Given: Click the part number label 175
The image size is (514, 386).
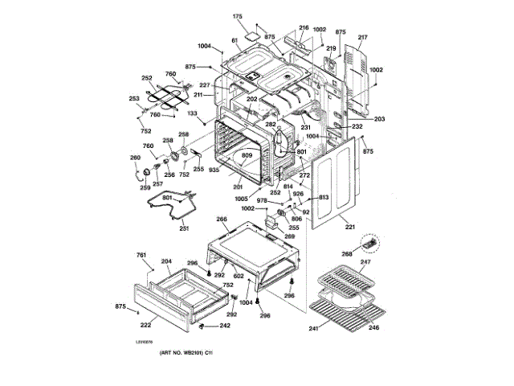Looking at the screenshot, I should tap(237, 16).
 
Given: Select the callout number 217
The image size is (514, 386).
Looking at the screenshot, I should tap(362, 38).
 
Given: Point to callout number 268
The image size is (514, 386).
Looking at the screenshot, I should tap(347, 254).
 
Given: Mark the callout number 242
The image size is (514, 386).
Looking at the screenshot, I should tap(225, 326).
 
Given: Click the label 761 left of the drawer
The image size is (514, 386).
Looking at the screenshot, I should tap(141, 255).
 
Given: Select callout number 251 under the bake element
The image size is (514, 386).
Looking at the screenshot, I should tap(184, 229).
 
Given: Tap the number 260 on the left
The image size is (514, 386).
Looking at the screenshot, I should tap(135, 158).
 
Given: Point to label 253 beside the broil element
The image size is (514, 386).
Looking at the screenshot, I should tap(133, 98).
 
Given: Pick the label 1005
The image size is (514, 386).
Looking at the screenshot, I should tap(243, 198).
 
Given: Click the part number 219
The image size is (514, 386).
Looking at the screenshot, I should tap(329, 49).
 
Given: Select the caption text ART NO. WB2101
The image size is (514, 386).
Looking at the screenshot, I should tap(185, 355).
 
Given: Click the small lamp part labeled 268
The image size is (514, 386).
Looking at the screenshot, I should tap(369, 241).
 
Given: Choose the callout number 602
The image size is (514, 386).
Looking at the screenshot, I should tap(239, 275).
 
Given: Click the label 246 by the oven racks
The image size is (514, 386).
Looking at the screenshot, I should tap(374, 327).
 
